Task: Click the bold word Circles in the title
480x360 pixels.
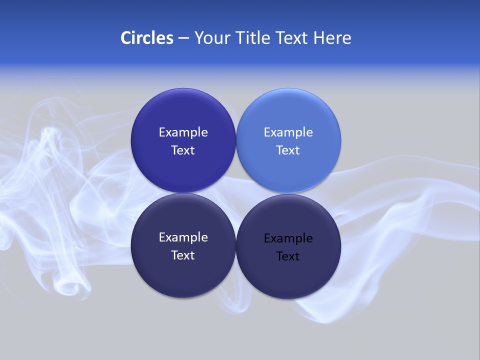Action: (147, 38)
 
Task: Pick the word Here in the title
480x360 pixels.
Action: (332, 38)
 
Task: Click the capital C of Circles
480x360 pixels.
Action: (126, 38)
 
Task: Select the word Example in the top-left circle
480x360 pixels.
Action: (183, 132)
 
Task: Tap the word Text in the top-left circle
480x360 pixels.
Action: (183, 150)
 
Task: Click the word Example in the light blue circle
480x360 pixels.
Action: (288, 132)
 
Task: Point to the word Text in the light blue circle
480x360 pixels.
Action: (288, 150)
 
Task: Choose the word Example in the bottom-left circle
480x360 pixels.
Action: (183, 237)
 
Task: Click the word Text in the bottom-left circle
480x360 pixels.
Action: (183, 255)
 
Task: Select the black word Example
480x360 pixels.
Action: (288, 238)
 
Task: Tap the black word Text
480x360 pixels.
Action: (288, 256)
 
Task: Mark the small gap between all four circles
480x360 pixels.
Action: (235, 193)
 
